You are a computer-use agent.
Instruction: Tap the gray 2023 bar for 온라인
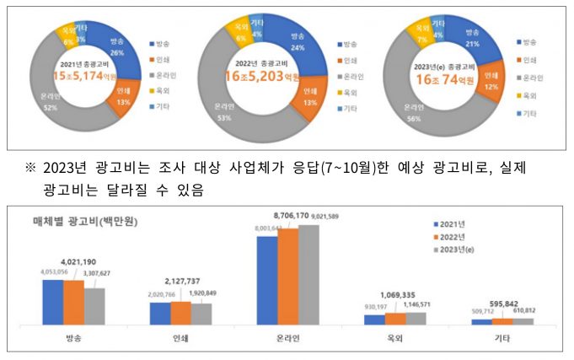308,275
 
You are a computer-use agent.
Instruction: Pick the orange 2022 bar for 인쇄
180,313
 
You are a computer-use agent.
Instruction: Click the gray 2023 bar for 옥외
416,319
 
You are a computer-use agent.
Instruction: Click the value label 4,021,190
73,262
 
